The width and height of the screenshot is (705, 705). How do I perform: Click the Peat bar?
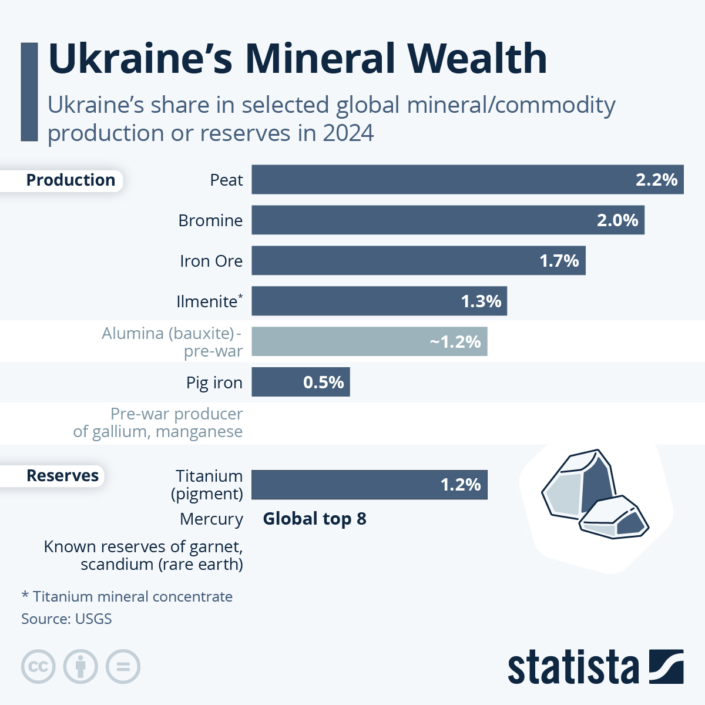[467, 180]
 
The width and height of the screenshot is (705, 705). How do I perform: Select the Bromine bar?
[448, 220]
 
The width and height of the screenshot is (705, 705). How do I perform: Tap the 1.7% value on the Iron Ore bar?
[559, 261]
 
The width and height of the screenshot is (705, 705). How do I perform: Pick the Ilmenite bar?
[379, 301]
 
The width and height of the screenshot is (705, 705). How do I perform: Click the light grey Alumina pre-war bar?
[369, 342]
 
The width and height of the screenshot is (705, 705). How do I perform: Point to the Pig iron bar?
[300, 382]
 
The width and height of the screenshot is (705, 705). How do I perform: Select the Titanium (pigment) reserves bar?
[369, 485]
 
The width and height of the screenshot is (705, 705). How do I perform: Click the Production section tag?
[70, 180]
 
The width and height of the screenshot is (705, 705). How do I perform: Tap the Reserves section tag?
[62, 476]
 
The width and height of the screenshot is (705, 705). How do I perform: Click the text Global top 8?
[314, 519]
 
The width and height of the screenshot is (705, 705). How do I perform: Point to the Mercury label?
[211, 519]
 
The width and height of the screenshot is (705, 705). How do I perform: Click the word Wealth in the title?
[477, 59]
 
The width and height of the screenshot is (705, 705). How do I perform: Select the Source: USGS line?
[66, 619]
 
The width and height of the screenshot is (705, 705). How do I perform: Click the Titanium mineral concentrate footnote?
[127, 597]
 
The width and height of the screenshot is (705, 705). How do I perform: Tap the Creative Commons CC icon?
[38, 667]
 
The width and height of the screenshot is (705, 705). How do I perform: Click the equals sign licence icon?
[123, 667]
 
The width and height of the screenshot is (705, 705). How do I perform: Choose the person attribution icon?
[80, 667]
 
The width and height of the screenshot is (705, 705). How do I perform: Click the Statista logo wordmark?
[573, 668]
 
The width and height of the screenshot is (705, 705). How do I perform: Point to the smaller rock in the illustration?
[614, 518]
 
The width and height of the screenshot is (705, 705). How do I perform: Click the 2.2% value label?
[656, 180]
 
